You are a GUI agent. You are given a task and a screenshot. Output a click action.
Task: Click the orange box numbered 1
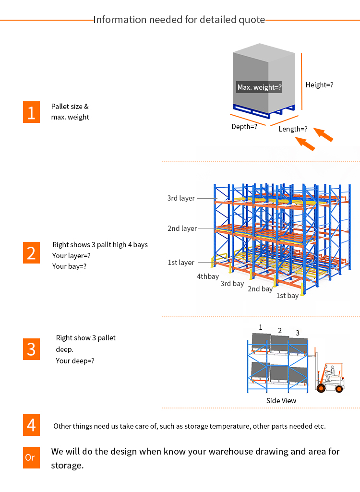(x=31, y=112)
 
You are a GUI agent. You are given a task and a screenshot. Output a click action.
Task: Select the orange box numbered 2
(x=31, y=252)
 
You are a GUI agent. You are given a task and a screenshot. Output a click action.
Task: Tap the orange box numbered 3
(x=31, y=349)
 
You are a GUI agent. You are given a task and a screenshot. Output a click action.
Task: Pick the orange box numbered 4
(x=31, y=425)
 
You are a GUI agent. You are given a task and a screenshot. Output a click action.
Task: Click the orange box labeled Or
(x=31, y=457)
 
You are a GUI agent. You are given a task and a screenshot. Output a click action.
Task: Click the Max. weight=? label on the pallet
(x=259, y=87)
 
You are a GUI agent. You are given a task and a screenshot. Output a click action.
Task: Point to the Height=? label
(x=319, y=85)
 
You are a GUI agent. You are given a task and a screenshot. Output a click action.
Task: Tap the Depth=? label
(x=244, y=127)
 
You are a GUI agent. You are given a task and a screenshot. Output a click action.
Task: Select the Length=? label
(x=293, y=129)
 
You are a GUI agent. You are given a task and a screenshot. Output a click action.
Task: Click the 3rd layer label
(x=181, y=198)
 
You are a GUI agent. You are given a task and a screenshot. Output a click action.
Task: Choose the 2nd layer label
(x=182, y=228)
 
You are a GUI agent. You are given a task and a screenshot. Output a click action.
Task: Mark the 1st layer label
(x=181, y=263)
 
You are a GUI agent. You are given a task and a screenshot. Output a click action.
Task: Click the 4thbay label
(x=208, y=276)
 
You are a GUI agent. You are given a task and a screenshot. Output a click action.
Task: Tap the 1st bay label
(x=287, y=296)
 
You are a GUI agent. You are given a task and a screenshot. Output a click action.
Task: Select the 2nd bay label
(x=260, y=289)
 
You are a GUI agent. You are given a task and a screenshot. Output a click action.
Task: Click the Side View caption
(x=281, y=400)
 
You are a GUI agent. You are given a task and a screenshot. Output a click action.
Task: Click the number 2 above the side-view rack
(x=280, y=330)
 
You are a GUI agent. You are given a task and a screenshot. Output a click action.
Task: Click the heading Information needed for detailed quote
(x=179, y=20)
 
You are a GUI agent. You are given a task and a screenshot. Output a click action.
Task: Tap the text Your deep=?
(x=75, y=360)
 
